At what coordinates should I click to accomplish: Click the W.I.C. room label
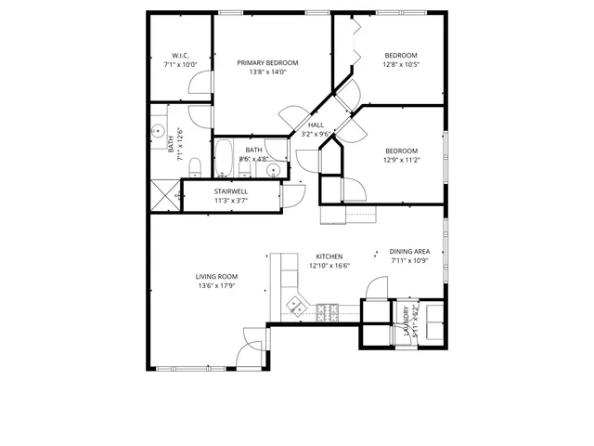(x=181, y=55)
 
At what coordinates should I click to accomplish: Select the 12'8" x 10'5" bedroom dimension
(x=401, y=64)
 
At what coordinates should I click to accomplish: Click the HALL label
(x=316, y=125)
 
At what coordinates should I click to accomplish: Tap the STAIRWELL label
(x=231, y=190)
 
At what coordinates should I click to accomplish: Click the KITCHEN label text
(x=329, y=256)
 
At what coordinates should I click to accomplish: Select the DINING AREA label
(x=408, y=251)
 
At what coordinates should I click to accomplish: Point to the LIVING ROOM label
(x=216, y=276)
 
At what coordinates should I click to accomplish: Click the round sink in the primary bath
(x=158, y=133)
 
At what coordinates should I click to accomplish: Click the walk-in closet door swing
(x=200, y=85)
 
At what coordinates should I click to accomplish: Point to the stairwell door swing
(x=295, y=192)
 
